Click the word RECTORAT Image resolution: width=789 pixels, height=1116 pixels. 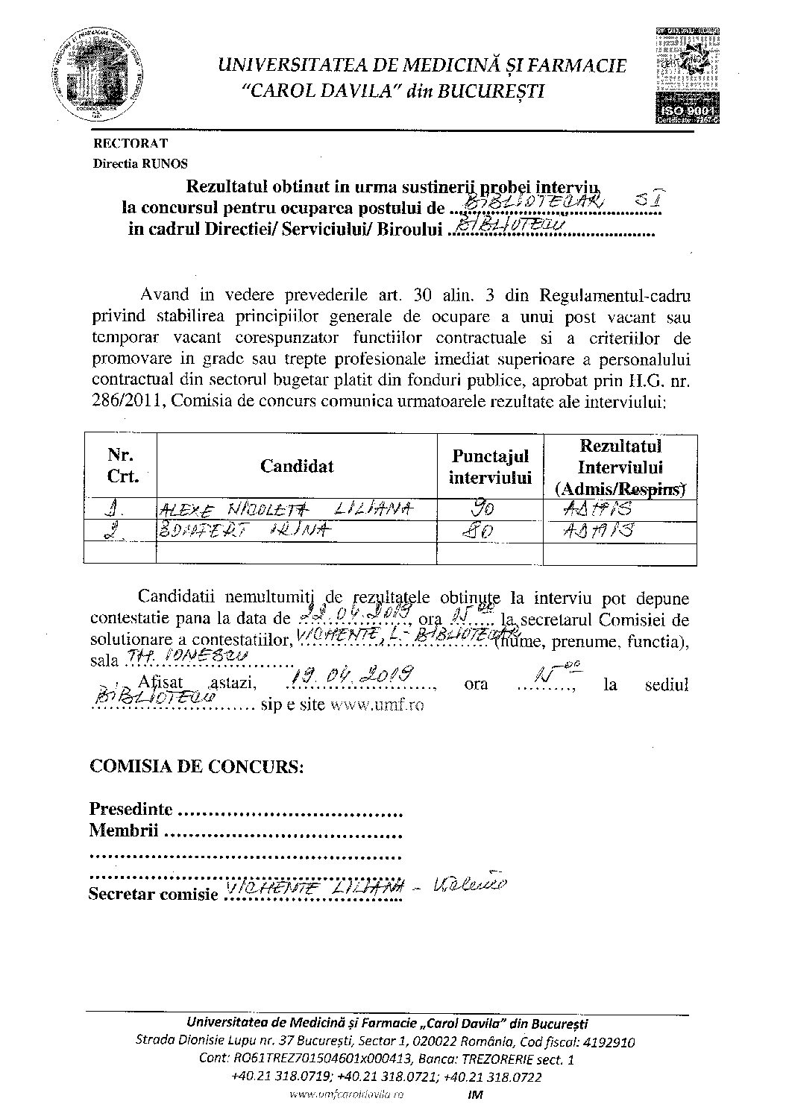pyautogui.click(x=131, y=143)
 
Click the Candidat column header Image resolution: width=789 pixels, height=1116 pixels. pyautogui.click(x=297, y=466)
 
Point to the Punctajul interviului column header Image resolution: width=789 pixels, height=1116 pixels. pyautogui.click(x=489, y=466)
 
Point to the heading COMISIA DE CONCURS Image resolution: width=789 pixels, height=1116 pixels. pyautogui.click(x=196, y=767)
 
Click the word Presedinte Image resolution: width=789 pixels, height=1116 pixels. pyautogui.click(x=131, y=809)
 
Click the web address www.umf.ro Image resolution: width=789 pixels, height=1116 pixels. pyautogui.click(x=377, y=705)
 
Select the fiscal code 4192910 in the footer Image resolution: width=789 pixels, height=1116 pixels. pyautogui.click(x=610, y=1041)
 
